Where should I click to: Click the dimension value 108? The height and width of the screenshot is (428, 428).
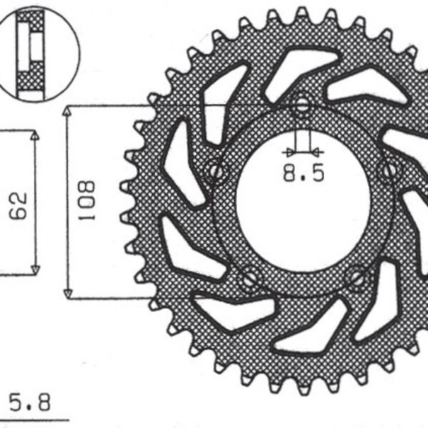coord(87,200)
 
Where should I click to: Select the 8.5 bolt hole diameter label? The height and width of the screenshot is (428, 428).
coord(304,173)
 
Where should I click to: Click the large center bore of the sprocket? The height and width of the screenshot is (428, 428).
coord(303,214)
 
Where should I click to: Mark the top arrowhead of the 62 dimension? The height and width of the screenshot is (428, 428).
coord(34,136)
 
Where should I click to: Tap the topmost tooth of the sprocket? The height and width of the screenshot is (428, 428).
coord(302,13)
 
